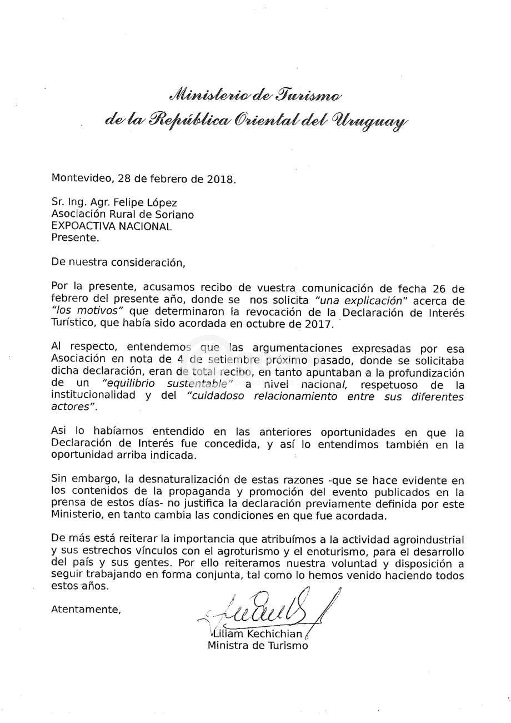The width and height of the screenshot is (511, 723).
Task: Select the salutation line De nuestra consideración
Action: click(117, 261)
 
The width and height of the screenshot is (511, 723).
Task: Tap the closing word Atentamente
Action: click(86, 609)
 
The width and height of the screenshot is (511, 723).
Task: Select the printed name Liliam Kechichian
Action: click(257, 635)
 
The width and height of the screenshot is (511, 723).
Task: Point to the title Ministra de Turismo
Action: click(257, 646)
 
